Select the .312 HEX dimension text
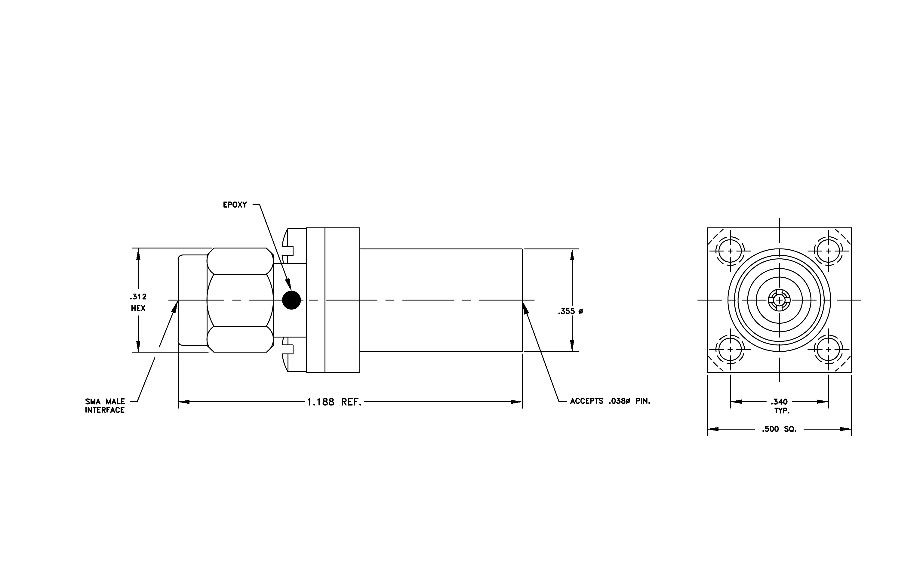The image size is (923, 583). tap(138, 302)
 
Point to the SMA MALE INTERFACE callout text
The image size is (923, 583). tap(105, 406)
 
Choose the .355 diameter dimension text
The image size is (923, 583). tap(570, 312)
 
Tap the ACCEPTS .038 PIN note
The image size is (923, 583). tap(610, 401)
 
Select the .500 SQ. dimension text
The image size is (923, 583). tap(779, 429)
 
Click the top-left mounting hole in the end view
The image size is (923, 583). tap(730, 251)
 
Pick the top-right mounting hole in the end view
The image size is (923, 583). tap(828, 251)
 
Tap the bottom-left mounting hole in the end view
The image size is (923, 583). tap(730, 349)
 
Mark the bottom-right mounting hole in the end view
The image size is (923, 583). tap(828, 349)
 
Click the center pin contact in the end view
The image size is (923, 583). tap(779, 300)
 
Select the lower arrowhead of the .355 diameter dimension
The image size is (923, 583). tap(572, 345)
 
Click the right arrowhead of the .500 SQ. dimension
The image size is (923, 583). tap(846, 429)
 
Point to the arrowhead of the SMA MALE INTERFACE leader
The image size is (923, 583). tap(175, 307)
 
